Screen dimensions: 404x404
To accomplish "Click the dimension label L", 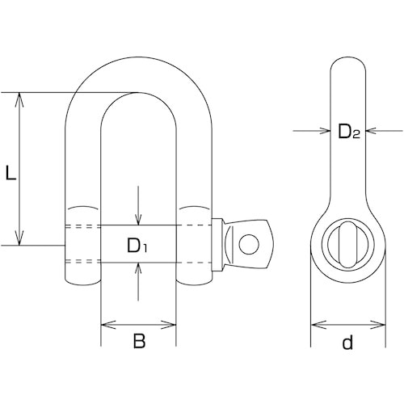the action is [11, 173].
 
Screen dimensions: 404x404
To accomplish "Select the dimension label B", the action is [139, 341].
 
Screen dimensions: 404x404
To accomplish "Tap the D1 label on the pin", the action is [137, 246].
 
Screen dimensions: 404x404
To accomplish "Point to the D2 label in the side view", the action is [349, 132].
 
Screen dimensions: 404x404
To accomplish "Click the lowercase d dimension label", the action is [347, 342].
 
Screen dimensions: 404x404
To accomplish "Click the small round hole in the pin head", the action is [249, 244].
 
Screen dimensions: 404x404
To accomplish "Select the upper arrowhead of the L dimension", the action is [19, 99].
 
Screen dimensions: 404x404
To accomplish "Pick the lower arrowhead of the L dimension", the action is [19, 238].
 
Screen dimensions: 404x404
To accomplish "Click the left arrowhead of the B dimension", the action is [108, 325].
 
